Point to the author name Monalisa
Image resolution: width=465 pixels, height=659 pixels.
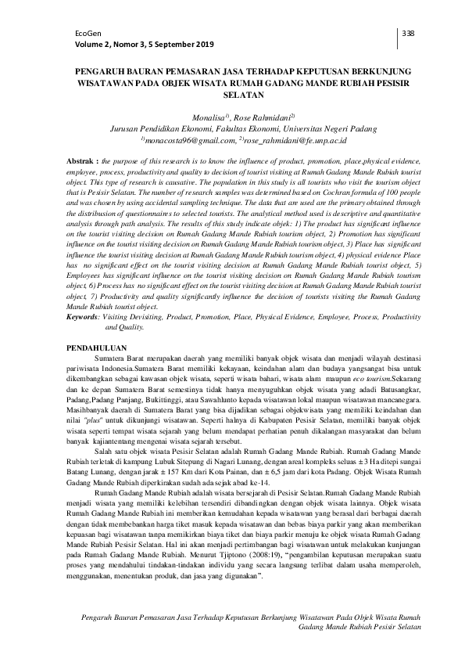click(197, 116)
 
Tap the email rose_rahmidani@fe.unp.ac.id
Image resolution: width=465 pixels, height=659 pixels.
click(282, 139)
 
